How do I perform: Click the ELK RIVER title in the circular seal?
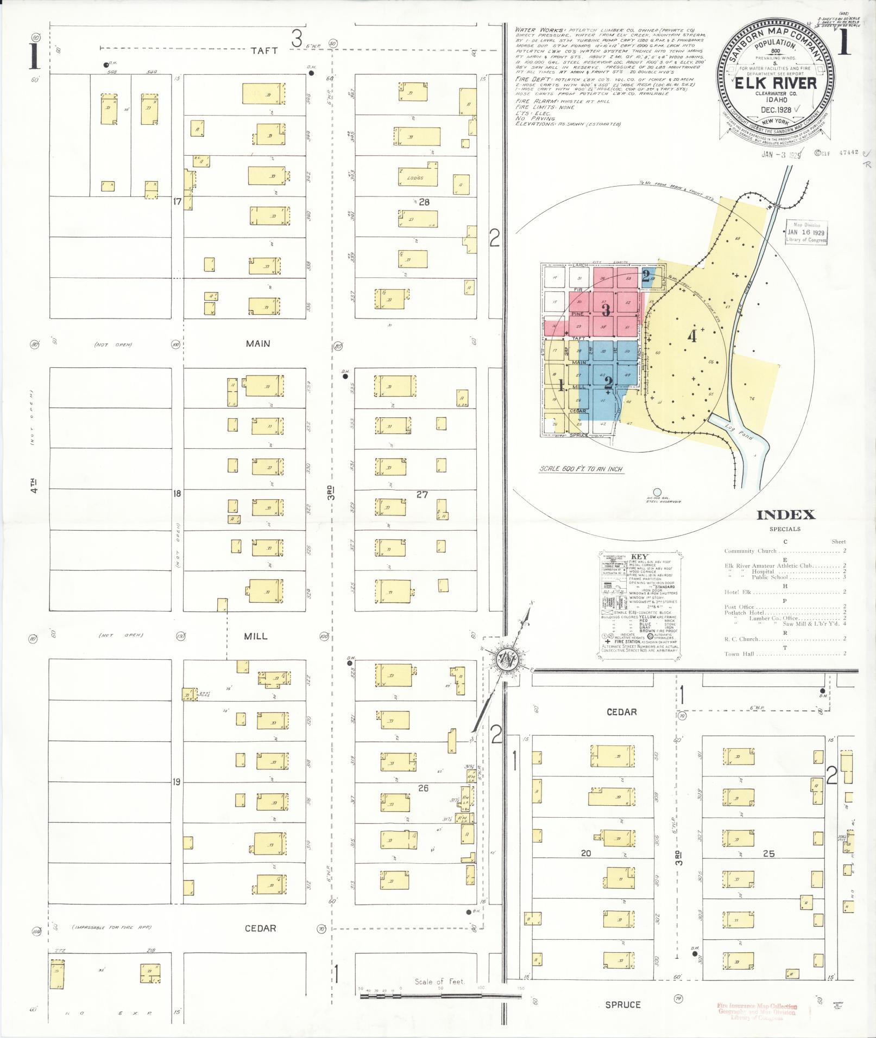776,83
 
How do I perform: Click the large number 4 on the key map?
691,336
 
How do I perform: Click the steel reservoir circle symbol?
657,492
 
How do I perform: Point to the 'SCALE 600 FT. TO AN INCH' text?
581,469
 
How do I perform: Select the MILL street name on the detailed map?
256,635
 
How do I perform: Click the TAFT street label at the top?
264,50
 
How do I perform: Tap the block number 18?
177,494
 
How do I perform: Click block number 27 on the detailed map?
422,494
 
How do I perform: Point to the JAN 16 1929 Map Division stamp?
805,232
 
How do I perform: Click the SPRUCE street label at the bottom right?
622,1005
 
